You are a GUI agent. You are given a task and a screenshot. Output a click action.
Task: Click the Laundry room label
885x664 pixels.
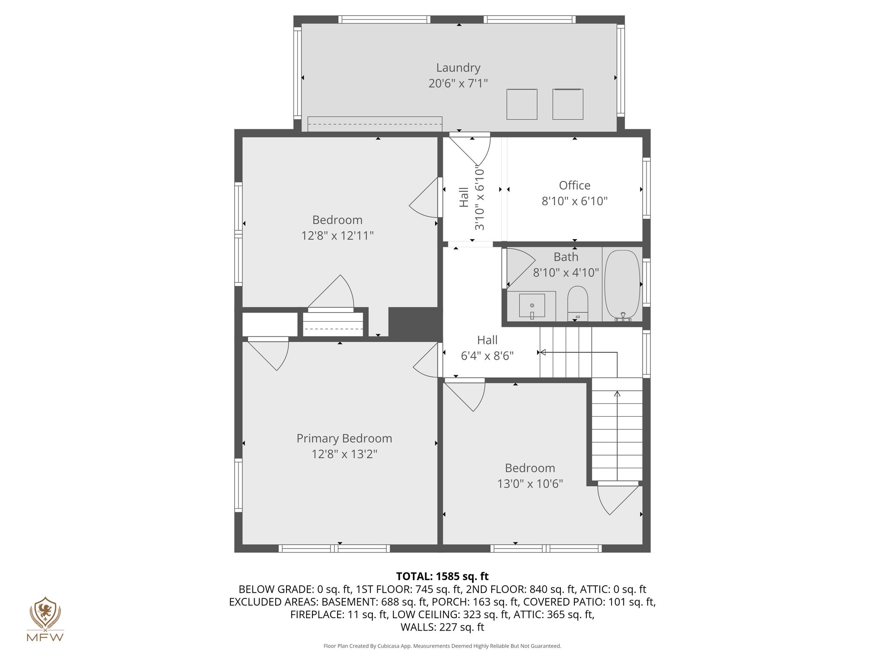click(x=458, y=68)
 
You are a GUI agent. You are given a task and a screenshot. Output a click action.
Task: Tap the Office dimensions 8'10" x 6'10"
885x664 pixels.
click(x=575, y=201)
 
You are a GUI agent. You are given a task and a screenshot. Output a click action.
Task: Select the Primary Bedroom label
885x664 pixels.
click(x=344, y=438)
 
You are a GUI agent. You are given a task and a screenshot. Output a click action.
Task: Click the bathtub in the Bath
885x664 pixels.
click(x=622, y=285)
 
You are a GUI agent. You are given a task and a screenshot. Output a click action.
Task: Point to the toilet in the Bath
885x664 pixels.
click(x=578, y=303)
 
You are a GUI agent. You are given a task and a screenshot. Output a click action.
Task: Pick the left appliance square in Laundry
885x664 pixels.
click(x=522, y=104)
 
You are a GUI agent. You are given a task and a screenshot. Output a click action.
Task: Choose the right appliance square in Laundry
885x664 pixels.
click(x=568, y=104)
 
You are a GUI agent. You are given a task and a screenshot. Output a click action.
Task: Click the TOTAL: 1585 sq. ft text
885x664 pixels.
click(x=442, y=576)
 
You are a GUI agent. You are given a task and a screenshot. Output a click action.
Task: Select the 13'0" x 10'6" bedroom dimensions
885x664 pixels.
click(x=530, y=483)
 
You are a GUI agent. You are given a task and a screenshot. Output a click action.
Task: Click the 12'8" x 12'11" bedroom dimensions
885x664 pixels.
click(x=337, y=236)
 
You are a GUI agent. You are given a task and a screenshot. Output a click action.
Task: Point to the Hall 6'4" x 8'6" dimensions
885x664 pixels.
click(x=487, y=356)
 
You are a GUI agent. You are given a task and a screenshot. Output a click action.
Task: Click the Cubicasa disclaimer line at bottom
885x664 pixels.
click(x=442, y=646)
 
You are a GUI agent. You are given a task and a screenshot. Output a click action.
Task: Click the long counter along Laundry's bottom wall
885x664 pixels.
click(x=375, y=124)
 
